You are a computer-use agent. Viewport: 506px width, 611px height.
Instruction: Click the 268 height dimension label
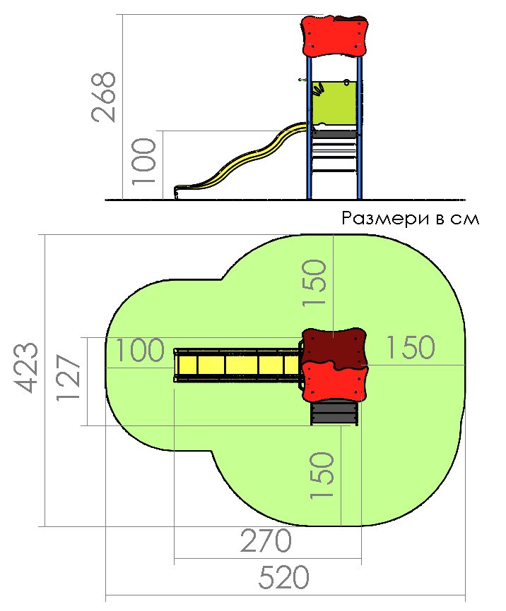click(x=104, y=97)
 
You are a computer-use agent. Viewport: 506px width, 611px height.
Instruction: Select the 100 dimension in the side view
click(x=143, y=161)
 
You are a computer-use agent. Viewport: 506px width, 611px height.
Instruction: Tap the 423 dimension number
click(x=27, y=368)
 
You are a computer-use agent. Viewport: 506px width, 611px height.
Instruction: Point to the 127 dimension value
click(x=69, y=377)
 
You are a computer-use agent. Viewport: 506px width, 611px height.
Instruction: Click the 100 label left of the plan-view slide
click(x=139, y=349)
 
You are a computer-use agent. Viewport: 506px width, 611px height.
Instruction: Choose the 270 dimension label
click(x=266, y=540)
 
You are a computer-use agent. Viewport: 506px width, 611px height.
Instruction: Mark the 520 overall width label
click(x=284, y=577)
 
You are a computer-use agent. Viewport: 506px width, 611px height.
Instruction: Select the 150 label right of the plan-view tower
click(x=411, y=347)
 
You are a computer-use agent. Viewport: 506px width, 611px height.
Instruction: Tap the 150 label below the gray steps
click(x=322, y=476)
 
